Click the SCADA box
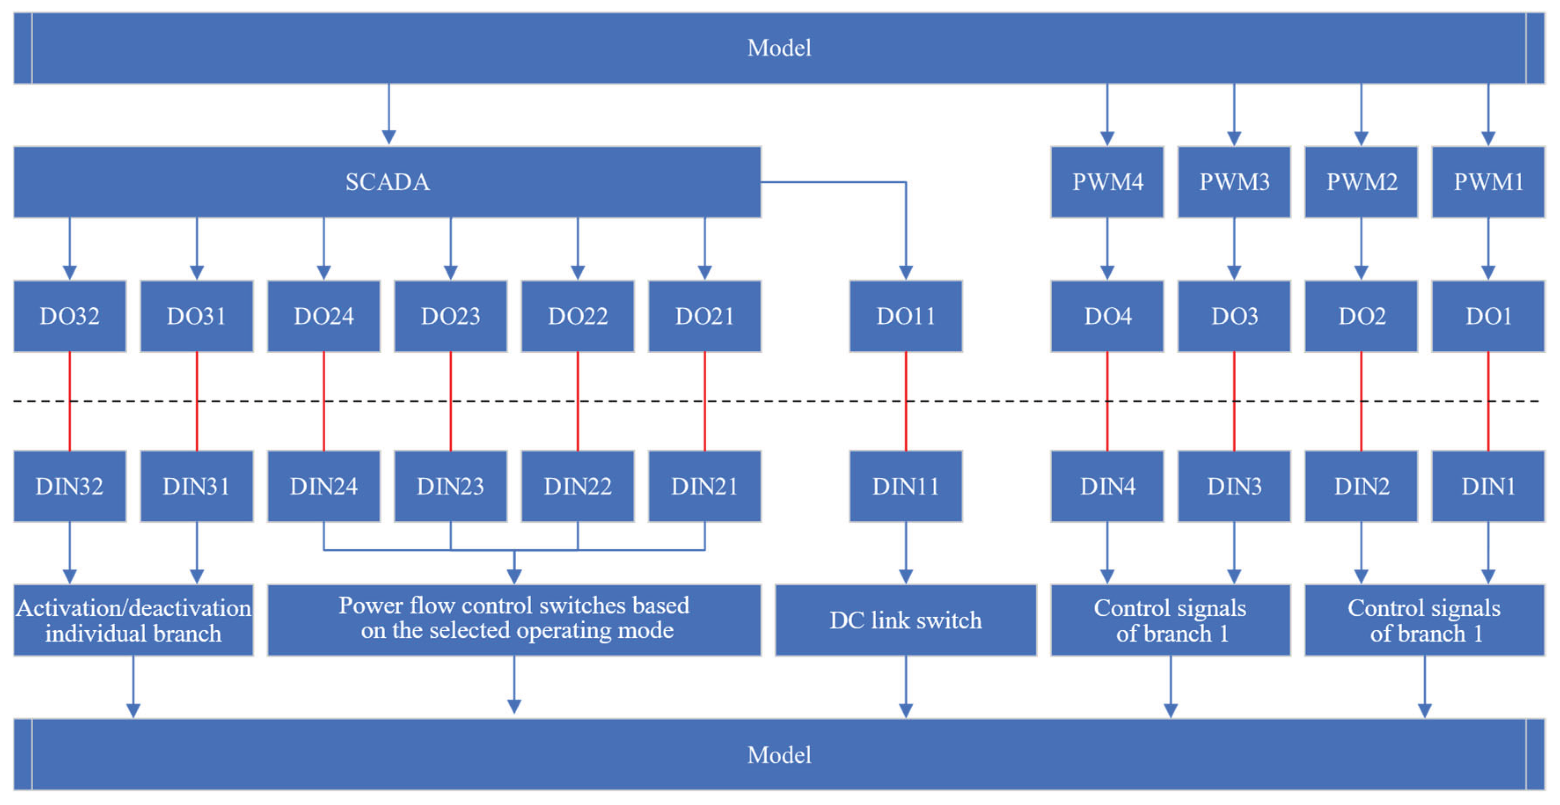pyautogui.click(x=388, y=182)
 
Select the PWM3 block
pyautogui.click(x=1234, y=182)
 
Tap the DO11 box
pyautogui.click(x=906, y=316)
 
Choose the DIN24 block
pyautogui.click(x=324, y=486)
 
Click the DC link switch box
pyautogui.click(x=906, y=620)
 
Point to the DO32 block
pyautogui.click(x=70, y=316)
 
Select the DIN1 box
pyautogui.click(x=1488, y=486)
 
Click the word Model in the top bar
pyautogui.click(x=779, y=48)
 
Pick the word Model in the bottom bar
pyautogui.click(x=779, y=755)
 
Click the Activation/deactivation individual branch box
pyautogui.click(x=133, y=620)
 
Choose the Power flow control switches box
pyautogui.click(x=514, y=618)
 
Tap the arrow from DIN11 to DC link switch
pyautogui.click(x=906, y=553)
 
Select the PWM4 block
pyautogui.click(x=1107, y=182)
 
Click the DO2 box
pyautogui.click(x=1361, y=316)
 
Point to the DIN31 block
pyautogui.click(x=196, y=486)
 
